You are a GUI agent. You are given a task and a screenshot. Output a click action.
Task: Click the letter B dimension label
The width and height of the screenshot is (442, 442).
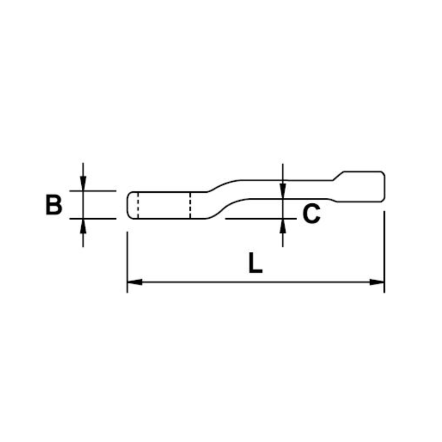coord(54,205)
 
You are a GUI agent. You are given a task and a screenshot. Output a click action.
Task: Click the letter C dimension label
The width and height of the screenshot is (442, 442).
coord(311,213)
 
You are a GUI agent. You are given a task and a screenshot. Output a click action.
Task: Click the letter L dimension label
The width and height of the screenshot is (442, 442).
coord(256,263)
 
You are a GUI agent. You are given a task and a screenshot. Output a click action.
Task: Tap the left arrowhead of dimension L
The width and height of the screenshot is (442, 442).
coord(135,282)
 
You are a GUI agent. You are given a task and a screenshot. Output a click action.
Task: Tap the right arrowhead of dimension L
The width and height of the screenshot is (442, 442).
coord(377,282)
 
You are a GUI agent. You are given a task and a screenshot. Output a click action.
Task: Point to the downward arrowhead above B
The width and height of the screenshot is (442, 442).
coord(83,183)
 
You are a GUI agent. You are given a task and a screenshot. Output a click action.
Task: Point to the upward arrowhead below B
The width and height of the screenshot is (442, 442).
coord(83,226)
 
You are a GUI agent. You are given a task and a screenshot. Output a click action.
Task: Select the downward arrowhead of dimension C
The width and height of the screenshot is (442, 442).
coord(283,191)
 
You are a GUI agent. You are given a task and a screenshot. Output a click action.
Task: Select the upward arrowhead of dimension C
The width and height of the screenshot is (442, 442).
coord(283,226)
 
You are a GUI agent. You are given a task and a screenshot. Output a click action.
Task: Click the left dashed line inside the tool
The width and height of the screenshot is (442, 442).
coord(138,205)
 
